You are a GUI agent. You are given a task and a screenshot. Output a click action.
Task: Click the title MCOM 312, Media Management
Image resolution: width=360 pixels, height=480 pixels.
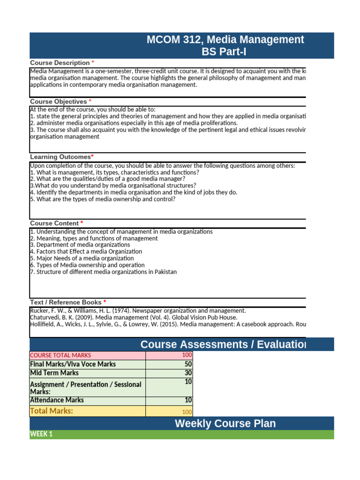click(225, 40)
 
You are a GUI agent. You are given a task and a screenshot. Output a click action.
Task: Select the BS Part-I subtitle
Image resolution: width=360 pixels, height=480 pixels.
click(224, 52)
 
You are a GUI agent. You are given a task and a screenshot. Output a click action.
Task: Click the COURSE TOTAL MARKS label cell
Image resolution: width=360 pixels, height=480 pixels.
click(60, 355)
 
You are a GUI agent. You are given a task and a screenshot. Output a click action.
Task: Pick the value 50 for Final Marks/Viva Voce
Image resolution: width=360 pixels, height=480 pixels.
click(188, 364)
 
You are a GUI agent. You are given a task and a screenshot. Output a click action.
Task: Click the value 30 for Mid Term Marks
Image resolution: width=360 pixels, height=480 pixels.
click(188, 373)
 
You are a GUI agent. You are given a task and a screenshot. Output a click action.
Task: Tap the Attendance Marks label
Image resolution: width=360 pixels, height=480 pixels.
click(57, 400)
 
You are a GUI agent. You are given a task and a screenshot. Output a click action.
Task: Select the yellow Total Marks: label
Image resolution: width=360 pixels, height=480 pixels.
click(52, 411)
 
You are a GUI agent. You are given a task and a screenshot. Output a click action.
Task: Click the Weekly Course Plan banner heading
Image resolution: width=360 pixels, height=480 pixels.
click(225, 424)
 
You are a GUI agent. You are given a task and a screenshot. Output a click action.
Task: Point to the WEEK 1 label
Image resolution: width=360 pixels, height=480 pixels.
click(41, 434)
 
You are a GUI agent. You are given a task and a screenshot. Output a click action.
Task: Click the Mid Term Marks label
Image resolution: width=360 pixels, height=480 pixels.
click(54, 373)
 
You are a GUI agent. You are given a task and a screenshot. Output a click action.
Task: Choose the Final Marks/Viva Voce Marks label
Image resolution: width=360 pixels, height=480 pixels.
click(73, 364)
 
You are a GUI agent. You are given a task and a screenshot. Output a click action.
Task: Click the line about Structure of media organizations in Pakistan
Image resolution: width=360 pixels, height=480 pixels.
click(103, 272)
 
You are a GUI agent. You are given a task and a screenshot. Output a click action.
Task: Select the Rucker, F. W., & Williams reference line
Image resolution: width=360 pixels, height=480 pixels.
click(137, 311)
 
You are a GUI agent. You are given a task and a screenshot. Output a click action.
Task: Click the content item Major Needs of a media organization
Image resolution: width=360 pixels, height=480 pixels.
click(82, 258)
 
